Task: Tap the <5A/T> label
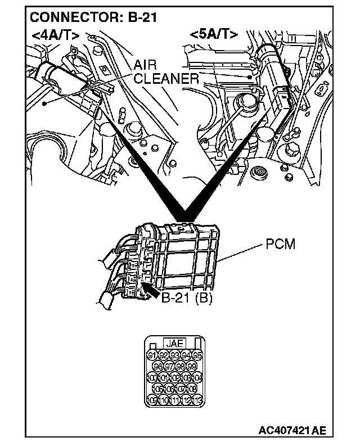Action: (x=214, y=35)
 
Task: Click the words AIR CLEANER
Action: (x=166, y=72)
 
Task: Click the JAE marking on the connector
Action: (x=174, y=342)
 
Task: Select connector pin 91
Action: (x=152, y=355)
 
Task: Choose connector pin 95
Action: (x=197, y=355)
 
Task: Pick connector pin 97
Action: (x=169, y=366)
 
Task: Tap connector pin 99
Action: (x=191, y=366)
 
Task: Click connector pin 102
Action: (x=174, y=377)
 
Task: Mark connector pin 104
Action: (x=197, y=377)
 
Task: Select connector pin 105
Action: (x=157, y=389)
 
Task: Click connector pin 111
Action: (x=174, y=400)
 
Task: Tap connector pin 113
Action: (x=197, y=400)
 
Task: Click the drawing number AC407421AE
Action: (x=292, y=431)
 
